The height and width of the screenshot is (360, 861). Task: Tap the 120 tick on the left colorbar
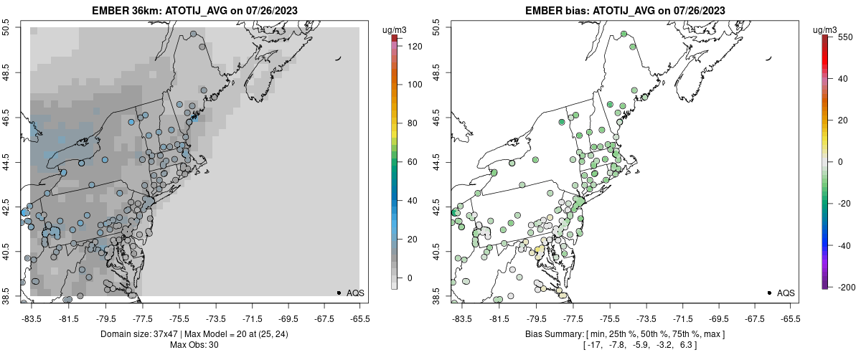(x=414, y=46)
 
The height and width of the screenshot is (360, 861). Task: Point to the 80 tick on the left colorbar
(x=412, y=123)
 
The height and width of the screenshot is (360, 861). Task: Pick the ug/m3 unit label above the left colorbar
(x=395, y=30)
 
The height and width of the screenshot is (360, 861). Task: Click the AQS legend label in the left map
(x=355, y=293)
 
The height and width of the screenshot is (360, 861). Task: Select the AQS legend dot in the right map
(x=769, y=293)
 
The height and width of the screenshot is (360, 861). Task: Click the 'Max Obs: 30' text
(x=194, y=345)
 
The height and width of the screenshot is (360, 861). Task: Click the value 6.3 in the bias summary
(x=687, y=345)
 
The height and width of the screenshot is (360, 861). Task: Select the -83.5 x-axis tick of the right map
(x=460, y=318)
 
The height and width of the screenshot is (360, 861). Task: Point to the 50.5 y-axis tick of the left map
(x=6, y=28)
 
